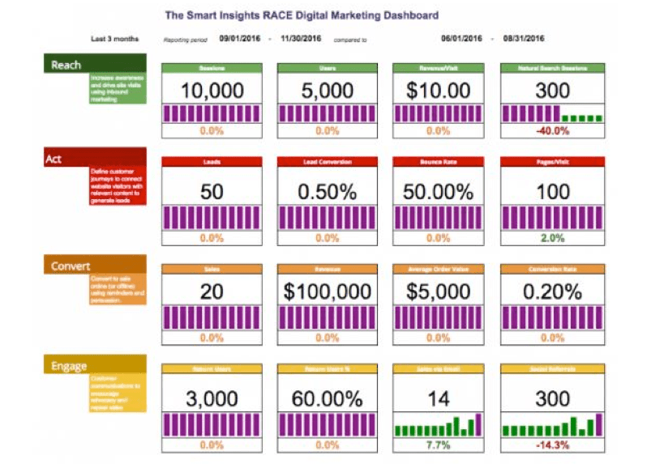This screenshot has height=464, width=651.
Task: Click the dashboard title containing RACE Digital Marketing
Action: [302, 15]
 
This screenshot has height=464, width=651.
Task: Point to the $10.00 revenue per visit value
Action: [438, 91]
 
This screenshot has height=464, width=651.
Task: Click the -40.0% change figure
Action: [552, 131]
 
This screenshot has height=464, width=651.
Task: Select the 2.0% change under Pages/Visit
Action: [552, 238]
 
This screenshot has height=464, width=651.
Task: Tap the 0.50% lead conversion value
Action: [326, 192]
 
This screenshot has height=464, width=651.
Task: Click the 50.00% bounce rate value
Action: [438, 192]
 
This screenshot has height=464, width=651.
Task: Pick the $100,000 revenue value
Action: [326, 292]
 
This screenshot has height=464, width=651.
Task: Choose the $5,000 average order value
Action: [438, 292]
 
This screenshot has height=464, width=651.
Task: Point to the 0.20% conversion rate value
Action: [552, 292]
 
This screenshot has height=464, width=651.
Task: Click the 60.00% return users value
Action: [326, 398]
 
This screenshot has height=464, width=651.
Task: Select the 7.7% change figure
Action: [438, 445]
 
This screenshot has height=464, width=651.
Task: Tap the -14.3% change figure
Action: [552, 445]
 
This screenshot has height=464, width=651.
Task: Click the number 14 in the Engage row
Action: [438, 398]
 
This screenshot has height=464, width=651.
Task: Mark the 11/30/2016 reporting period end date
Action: [302, 38]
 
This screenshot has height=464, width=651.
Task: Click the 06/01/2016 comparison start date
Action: [461, 38]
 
